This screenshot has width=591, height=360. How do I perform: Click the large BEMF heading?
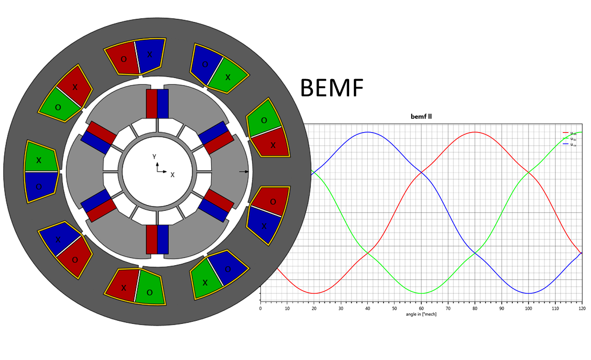332,88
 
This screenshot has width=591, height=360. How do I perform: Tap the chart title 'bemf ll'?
421,116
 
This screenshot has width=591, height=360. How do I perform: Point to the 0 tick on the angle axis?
260,309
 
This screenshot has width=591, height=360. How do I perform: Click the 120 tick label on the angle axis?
581,309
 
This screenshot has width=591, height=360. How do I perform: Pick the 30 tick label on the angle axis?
341,309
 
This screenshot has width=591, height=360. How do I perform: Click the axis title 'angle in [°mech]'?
421,314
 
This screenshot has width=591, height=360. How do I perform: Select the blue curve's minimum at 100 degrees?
528,293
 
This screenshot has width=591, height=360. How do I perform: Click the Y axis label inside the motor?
154,156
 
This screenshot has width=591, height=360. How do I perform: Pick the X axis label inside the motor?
172,175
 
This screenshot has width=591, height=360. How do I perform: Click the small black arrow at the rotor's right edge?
244,171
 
